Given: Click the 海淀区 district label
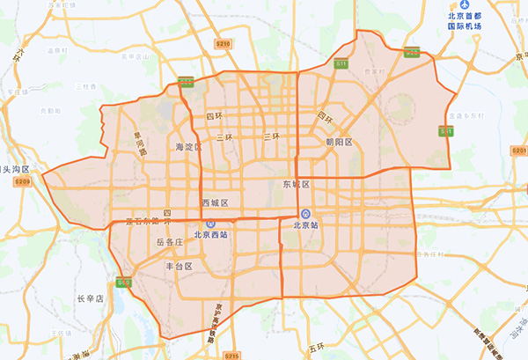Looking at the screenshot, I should pyautogui.click(x=189, y=147).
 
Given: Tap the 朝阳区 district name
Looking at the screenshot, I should pyautogui.click(x=339, y=142).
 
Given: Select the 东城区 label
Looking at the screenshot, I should pyautogui.click(x=296, y=184).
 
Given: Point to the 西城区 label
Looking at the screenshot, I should pyautogui.click(x=215, y=202).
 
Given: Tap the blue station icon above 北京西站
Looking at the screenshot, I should pyautogui.click(x=200, y=225).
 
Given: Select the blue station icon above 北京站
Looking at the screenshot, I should pyautogui.click(x=304, y=214).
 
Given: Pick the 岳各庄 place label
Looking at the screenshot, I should pyautogui.click(x=168, y=241).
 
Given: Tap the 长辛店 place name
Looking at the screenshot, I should pyautogui.click(x=90, y=298).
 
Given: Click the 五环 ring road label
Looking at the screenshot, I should pyautogui.click(x=317, y=349).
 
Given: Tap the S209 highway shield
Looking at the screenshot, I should pyautogui.click(x=22, y=181).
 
